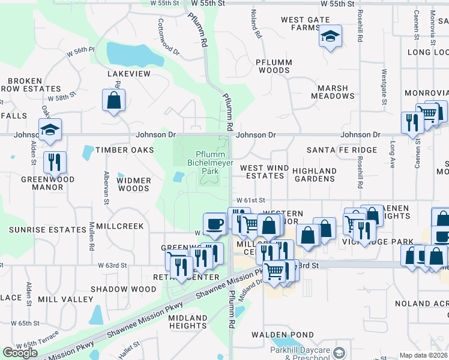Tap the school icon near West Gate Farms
click(330, 38)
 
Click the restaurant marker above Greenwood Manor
click(55, 162)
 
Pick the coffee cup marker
click(214, 224)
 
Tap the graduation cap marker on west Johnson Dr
click(50, 130)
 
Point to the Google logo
click(20, 353)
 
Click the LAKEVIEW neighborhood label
click(128, 73)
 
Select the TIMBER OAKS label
click(125, 150)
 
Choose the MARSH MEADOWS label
click(333, 92)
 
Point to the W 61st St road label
click(250, 199)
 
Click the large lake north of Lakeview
click(136, 55)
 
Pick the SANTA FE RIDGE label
click(342, 150)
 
